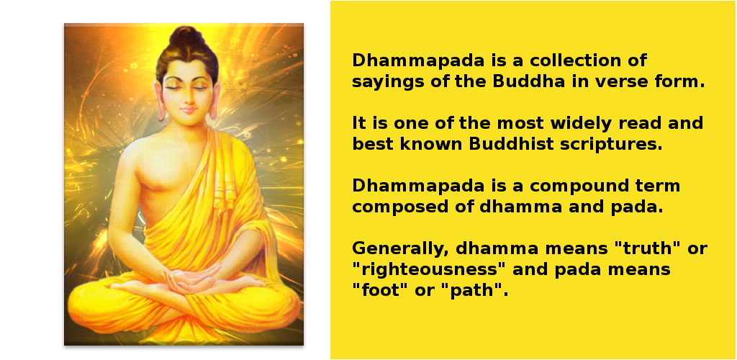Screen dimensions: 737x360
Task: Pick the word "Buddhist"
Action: [x=512, y=144]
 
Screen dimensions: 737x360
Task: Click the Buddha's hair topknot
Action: [x=186, y=37]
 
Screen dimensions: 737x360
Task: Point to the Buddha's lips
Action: [x=188, y=110]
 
